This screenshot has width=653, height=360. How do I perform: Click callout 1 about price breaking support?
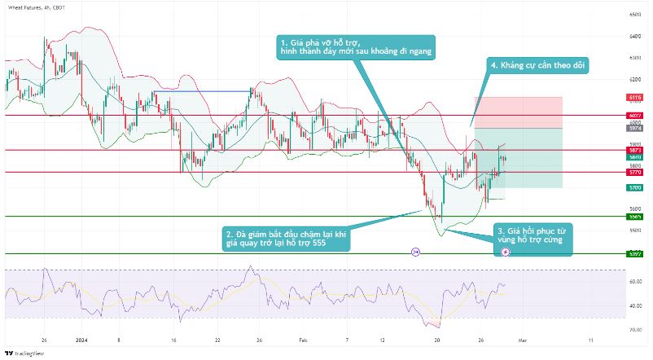pos(356,47)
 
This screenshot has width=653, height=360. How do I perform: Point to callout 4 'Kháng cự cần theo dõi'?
pos(537,65)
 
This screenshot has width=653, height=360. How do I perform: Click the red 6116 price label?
pos(635,97)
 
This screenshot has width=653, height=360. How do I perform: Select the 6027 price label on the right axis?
pos(635,116)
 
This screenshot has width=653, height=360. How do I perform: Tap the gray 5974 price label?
pos(635,128)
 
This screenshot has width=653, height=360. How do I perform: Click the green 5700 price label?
pos(635,187)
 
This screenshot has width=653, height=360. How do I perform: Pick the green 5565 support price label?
pos(635,217)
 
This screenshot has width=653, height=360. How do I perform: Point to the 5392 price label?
pos(635,253)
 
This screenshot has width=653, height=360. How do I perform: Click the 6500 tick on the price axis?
pos(635,15)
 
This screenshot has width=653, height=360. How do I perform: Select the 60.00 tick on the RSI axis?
pos(635,281)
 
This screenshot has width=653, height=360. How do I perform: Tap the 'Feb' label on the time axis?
pos(303,339)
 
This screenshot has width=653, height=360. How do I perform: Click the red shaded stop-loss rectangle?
pos(518,112)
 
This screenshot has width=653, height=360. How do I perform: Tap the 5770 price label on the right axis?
pos(635,172)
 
